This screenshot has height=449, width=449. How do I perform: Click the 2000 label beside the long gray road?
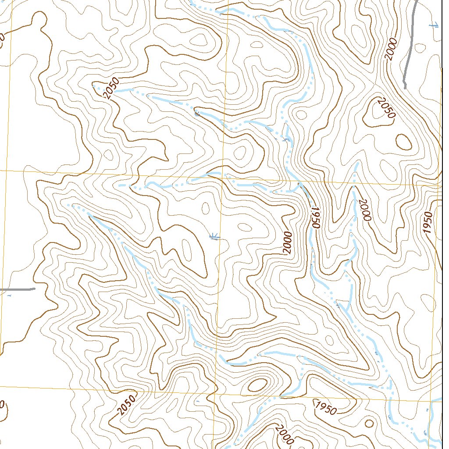coord(391,49)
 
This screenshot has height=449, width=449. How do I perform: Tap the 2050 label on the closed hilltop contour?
coord(386,108)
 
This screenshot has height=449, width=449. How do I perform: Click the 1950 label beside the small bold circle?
coord(325,408)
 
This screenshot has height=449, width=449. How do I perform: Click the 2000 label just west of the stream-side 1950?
coord(287,242)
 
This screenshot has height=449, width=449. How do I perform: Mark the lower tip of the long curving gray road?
coord(405,87)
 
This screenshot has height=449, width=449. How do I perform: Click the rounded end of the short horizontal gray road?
coord(33,289)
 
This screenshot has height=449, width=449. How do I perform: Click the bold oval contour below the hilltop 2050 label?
coord(404,141)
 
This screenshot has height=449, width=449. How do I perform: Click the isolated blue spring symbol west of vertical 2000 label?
coord(214,237)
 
